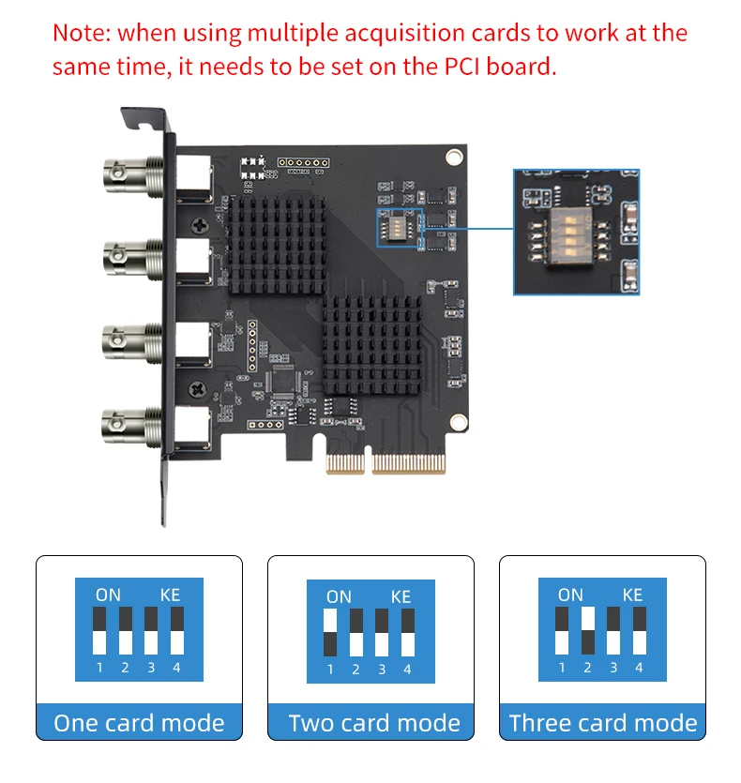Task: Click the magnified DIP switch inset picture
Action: point(576,232)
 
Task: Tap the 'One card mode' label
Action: point(139,723)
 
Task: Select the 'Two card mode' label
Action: point(373,723)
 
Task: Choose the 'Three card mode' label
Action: point(603,723)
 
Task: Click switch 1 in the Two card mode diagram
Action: point(330,632)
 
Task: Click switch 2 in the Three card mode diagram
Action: point(587,630)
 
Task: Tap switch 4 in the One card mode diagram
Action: point(176,630)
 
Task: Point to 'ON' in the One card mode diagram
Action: point(108,595)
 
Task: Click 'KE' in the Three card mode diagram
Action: point(632,595)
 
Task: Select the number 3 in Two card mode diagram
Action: point(382,670)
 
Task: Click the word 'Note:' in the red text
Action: point(82,34)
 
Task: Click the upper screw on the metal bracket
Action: point(199,226)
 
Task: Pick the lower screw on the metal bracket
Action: point(199,386)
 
